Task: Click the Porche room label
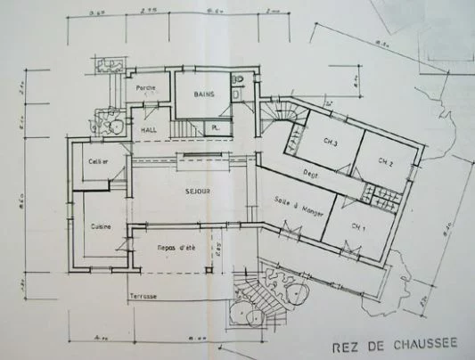tap(145, 87)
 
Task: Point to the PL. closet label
tap(217, 130)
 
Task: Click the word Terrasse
tap(143, 295)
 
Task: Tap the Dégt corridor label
tap(311, 175)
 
